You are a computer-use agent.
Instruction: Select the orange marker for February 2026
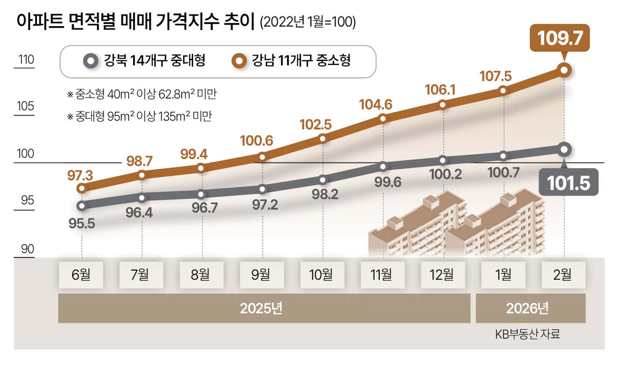564,70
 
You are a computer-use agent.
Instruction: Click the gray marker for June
82,206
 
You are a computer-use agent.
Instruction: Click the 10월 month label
322,275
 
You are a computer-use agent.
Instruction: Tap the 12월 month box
442,275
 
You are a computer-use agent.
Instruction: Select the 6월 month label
81,275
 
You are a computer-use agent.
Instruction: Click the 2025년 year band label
264,309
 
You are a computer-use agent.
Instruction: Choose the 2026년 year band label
530,309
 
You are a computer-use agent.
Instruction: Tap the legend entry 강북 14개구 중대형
145,61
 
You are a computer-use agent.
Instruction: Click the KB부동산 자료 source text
528,335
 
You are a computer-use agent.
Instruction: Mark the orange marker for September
262,157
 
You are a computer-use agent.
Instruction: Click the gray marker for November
383,166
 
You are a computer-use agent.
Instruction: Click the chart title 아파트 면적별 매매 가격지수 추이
134,22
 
